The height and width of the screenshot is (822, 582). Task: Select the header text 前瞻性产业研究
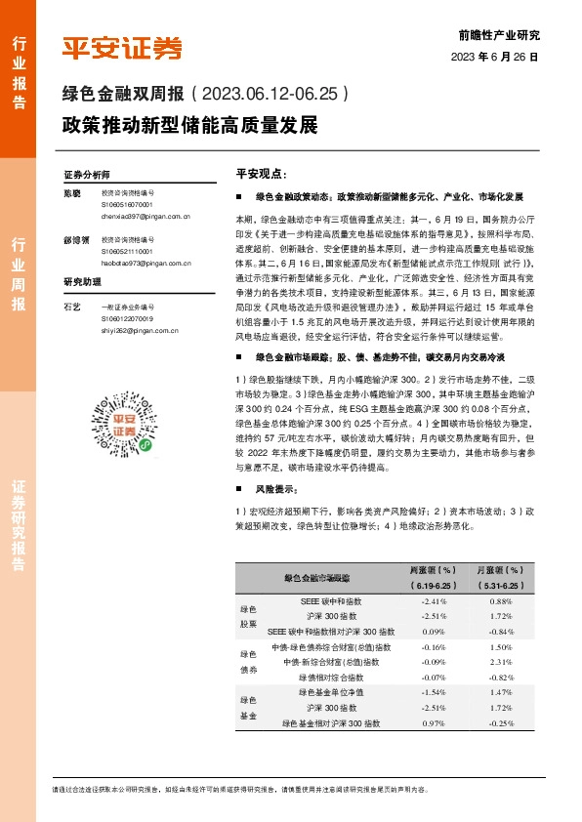[498, 34]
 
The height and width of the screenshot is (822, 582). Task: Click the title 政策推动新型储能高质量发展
[189, 125]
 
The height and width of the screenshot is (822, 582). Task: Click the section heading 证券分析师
[87, 175]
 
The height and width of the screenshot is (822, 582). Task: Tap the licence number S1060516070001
[126, 205]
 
